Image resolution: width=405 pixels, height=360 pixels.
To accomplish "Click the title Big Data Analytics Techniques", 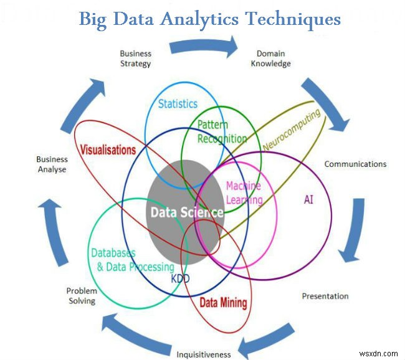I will click(x=209, y=19).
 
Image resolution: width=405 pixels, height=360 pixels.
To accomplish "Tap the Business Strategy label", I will click(x=135, y=59).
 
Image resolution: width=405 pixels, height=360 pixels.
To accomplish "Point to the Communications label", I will click(x=355, y=164).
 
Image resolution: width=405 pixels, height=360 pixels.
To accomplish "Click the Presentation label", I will click(x=325, y=296).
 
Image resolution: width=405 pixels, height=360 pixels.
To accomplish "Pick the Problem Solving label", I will click(x=82, y=296).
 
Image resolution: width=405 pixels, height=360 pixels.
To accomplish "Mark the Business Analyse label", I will click(x=51, y=164).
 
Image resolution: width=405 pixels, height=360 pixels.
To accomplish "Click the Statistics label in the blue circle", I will click(x=178, y=103).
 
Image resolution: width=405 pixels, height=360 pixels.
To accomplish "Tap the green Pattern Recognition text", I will click(x=222, y=132).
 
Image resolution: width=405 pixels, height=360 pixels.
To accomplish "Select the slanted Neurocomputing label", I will click(x=292, y=130).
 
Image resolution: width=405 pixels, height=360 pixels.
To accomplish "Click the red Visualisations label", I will click(x=108, y=150).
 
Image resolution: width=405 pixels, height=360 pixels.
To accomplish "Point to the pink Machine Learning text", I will click(x=244, y=193).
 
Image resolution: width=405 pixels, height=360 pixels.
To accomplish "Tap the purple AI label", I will click(x=308, y=199).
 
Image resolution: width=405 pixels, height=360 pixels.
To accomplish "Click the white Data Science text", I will click(x=186, y=212).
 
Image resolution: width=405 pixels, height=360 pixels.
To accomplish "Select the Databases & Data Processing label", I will click(x=132, y=260).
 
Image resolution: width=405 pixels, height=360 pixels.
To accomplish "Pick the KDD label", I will click(x=180, y=279).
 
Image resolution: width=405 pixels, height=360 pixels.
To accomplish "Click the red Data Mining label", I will click(x=223, y=303).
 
